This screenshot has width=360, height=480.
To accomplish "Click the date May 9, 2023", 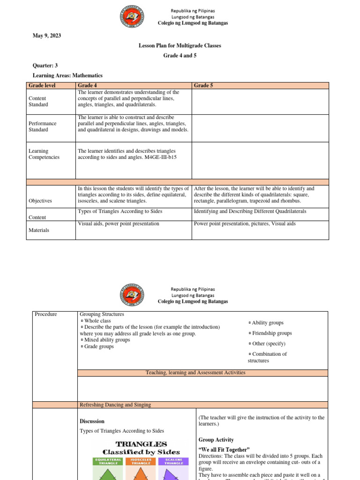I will [47, 36].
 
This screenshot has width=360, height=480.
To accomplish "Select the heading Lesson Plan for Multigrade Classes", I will [180, 45].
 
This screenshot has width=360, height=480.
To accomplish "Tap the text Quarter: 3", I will [45, 66].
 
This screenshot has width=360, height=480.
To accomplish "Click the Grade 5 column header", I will [202, 86].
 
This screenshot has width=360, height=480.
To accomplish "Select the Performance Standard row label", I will [43, 126].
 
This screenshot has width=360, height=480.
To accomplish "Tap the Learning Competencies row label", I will [44, 154].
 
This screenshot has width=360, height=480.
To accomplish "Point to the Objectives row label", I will [40, 201].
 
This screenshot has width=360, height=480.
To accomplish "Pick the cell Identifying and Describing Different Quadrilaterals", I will [250, 211].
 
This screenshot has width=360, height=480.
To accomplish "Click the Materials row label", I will [39, 230].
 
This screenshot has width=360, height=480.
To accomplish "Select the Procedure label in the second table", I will [46, 314].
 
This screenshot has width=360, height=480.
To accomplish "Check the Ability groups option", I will [266, 322].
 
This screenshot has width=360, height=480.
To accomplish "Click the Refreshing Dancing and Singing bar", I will [115, 405].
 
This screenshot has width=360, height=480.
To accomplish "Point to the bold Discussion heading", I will [92, 421].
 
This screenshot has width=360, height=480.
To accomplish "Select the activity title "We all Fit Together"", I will [224, 450].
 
